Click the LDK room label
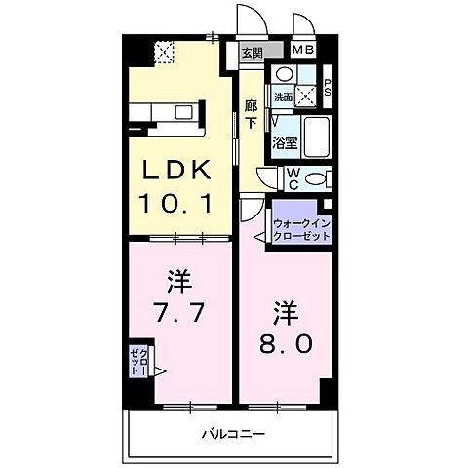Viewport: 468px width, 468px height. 176,171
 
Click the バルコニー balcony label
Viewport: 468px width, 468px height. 234,433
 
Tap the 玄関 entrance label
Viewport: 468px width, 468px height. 252,53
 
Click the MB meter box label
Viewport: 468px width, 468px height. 303,50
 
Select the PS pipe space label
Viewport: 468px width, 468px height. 329,86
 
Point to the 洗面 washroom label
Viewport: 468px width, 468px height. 282,97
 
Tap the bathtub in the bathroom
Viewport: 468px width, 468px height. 318,136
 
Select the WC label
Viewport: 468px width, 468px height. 292,177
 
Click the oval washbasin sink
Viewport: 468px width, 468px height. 283,75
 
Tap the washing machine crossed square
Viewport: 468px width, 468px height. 307,96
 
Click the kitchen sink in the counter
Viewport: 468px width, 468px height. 183,111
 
